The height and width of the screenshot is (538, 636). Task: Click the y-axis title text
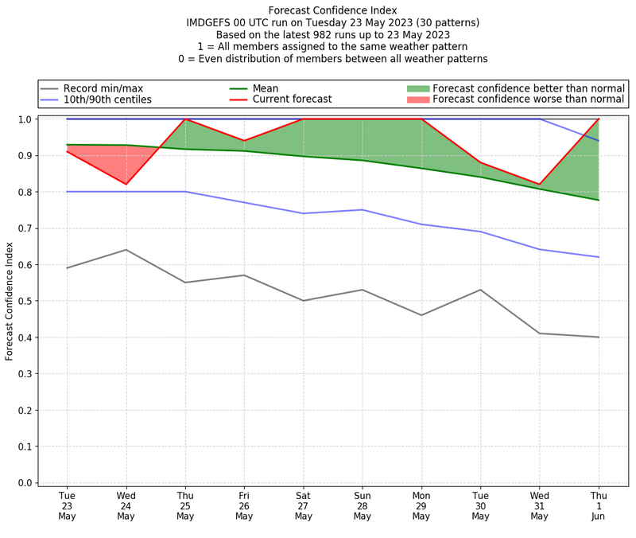point(10,301)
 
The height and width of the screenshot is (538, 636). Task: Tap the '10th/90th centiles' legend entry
point(107,99)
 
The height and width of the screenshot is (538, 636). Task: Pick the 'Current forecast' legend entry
point(292,99)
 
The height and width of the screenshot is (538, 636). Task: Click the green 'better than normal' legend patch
point(418,88)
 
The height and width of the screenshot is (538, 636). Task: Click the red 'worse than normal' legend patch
point(418,99)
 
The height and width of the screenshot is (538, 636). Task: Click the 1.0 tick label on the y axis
point(25,119)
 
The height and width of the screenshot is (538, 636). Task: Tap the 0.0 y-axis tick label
point(25,483)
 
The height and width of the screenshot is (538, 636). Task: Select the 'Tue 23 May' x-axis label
point(67,505)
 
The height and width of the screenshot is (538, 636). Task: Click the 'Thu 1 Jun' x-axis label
point(598,505)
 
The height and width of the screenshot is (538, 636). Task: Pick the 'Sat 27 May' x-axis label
point(303,505)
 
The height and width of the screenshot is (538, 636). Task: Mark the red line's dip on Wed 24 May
point(126,184)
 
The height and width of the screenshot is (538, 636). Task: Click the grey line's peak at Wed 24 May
point(126,250)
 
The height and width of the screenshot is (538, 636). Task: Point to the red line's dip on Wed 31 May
point(539,185)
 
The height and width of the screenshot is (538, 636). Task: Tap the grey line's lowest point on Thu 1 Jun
point(598,337)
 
